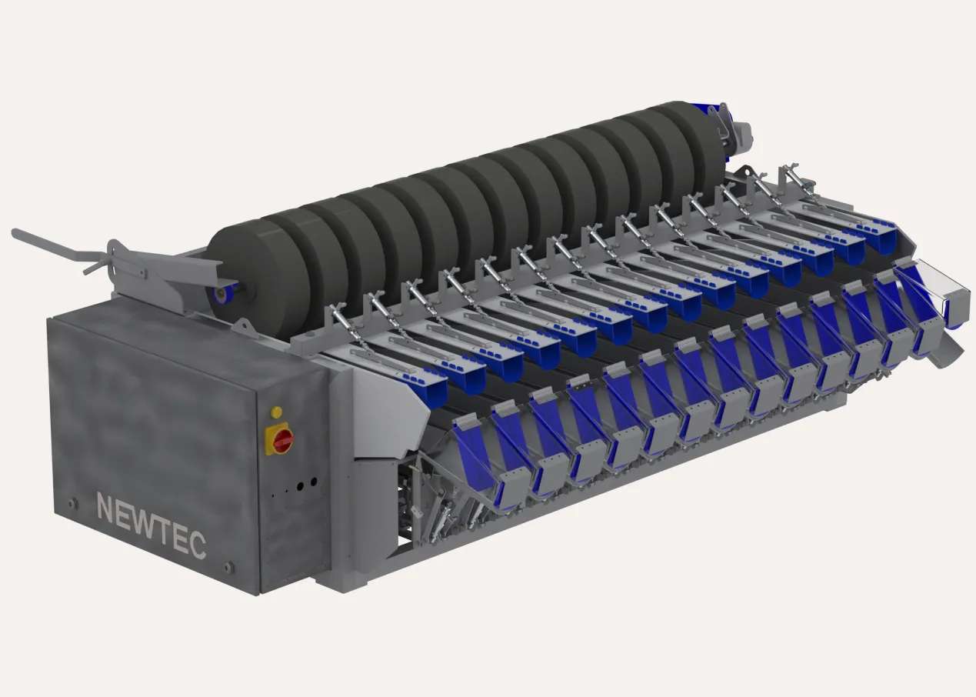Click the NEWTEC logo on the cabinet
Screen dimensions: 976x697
(x=152, y=525)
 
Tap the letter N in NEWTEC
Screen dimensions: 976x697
(x=105, y=507)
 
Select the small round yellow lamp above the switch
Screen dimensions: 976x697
(x=276, y=412)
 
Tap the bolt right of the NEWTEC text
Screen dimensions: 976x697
(x=227, y=568)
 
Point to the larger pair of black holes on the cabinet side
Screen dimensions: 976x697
(x=307, y=484)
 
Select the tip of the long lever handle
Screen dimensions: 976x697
(x=15, y=232)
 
